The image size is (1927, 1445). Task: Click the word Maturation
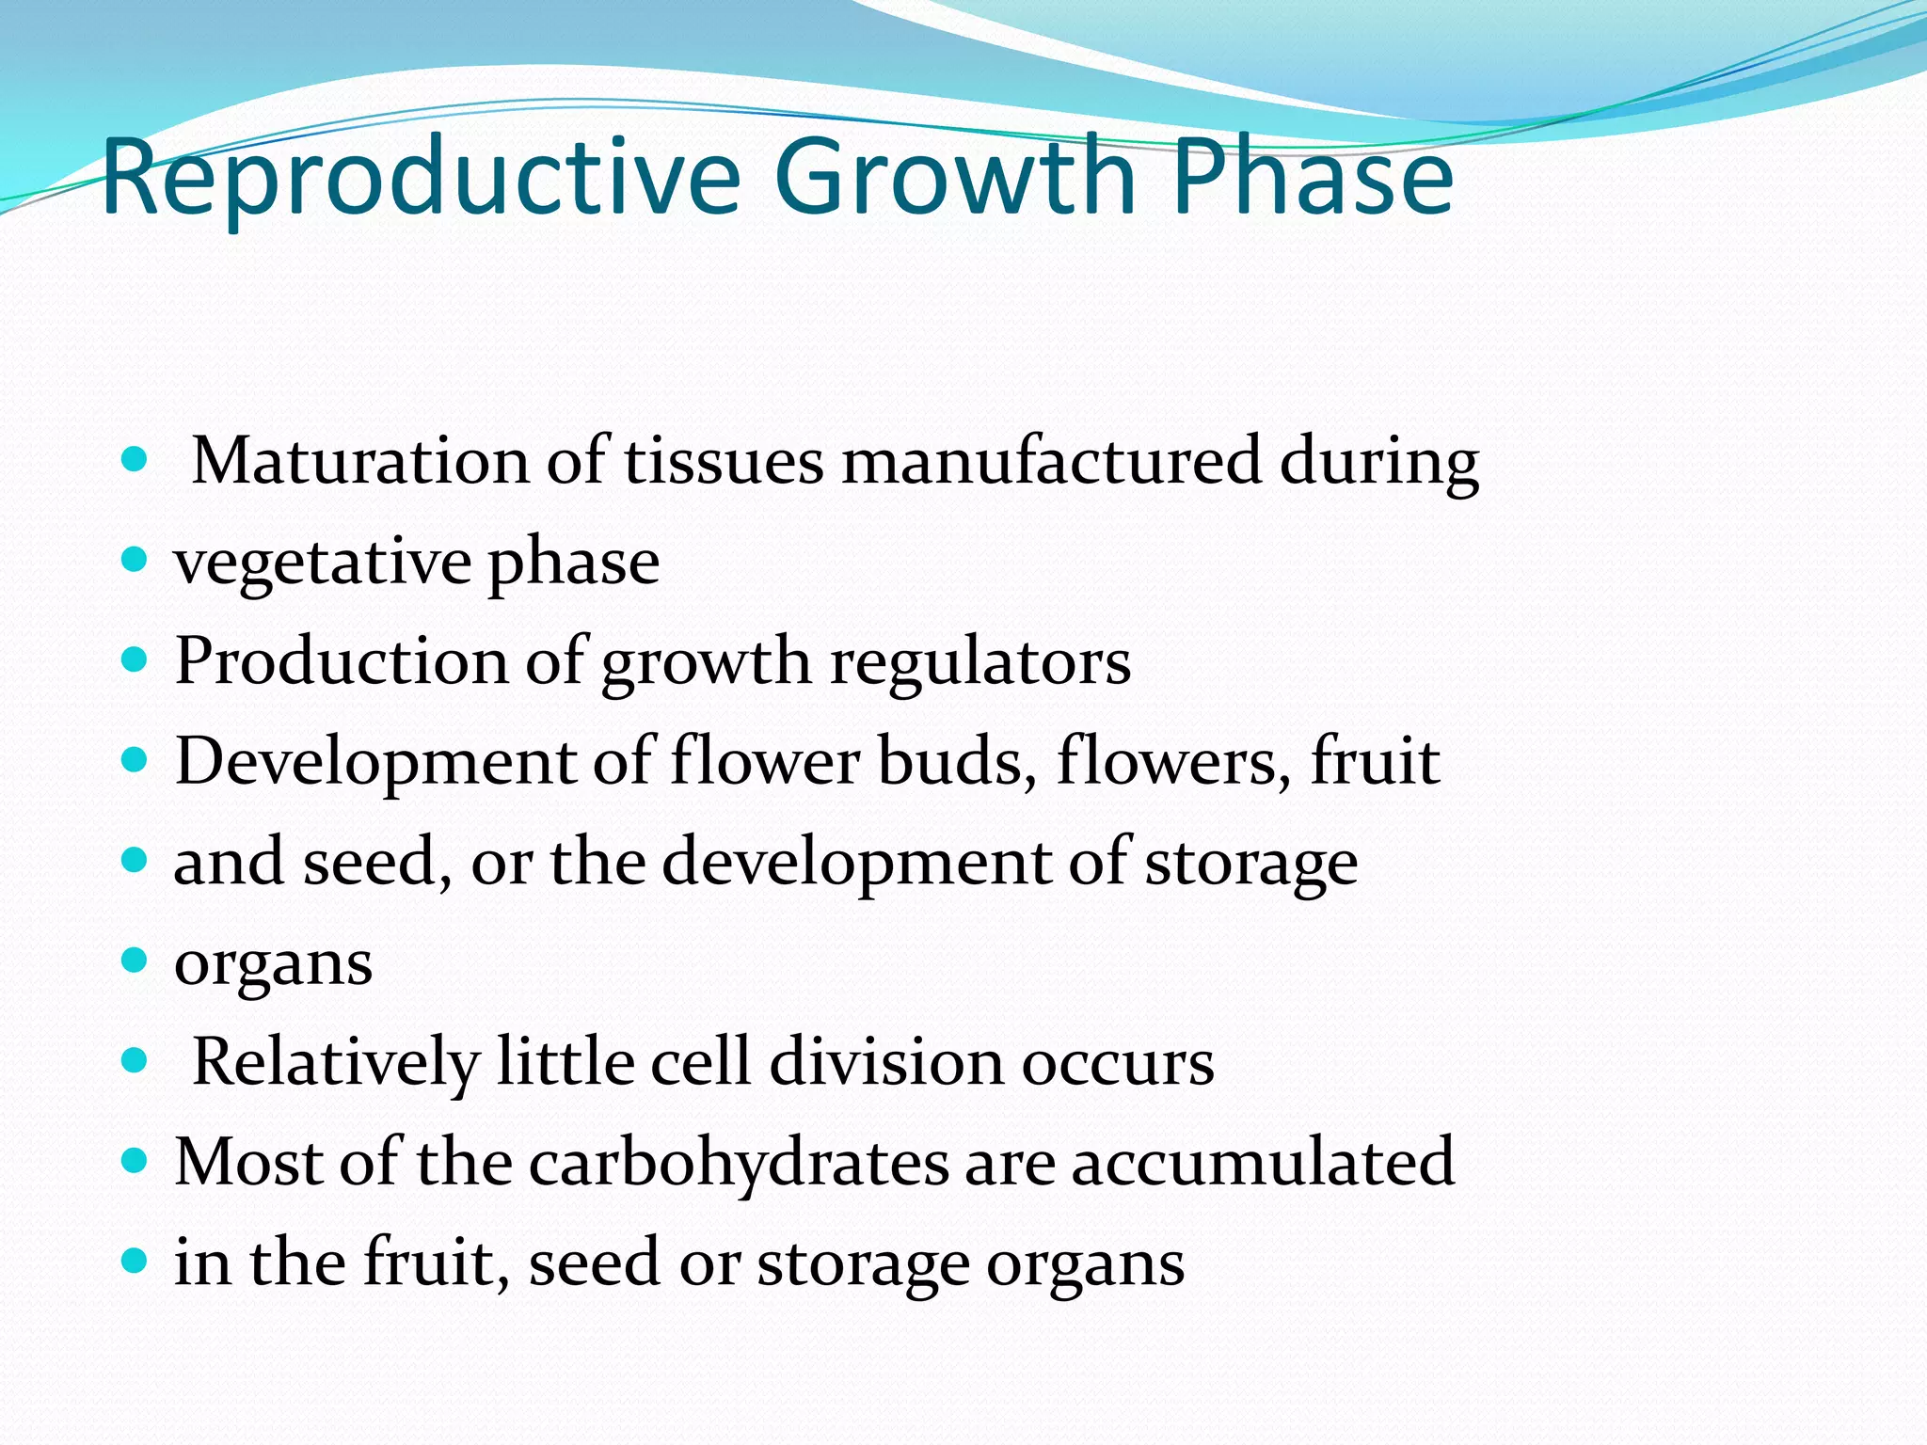(359, 461)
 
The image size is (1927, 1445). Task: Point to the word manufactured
(1051, 461)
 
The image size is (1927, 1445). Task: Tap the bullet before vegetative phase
(135, 561)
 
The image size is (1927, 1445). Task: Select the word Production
(341, 661)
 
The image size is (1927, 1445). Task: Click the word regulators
(979, 663)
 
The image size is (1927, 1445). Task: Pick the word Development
(374, 761)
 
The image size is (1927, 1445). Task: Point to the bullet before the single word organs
(135, 961)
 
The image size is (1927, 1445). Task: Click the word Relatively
(335, 1062)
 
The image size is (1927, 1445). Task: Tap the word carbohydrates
(739, 1163)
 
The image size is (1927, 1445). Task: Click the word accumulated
(1263, 1163)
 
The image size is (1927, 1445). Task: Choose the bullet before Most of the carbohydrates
(135, 1161)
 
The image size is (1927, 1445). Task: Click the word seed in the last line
(594, 1263)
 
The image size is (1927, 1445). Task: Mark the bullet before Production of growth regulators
(135, 660)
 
